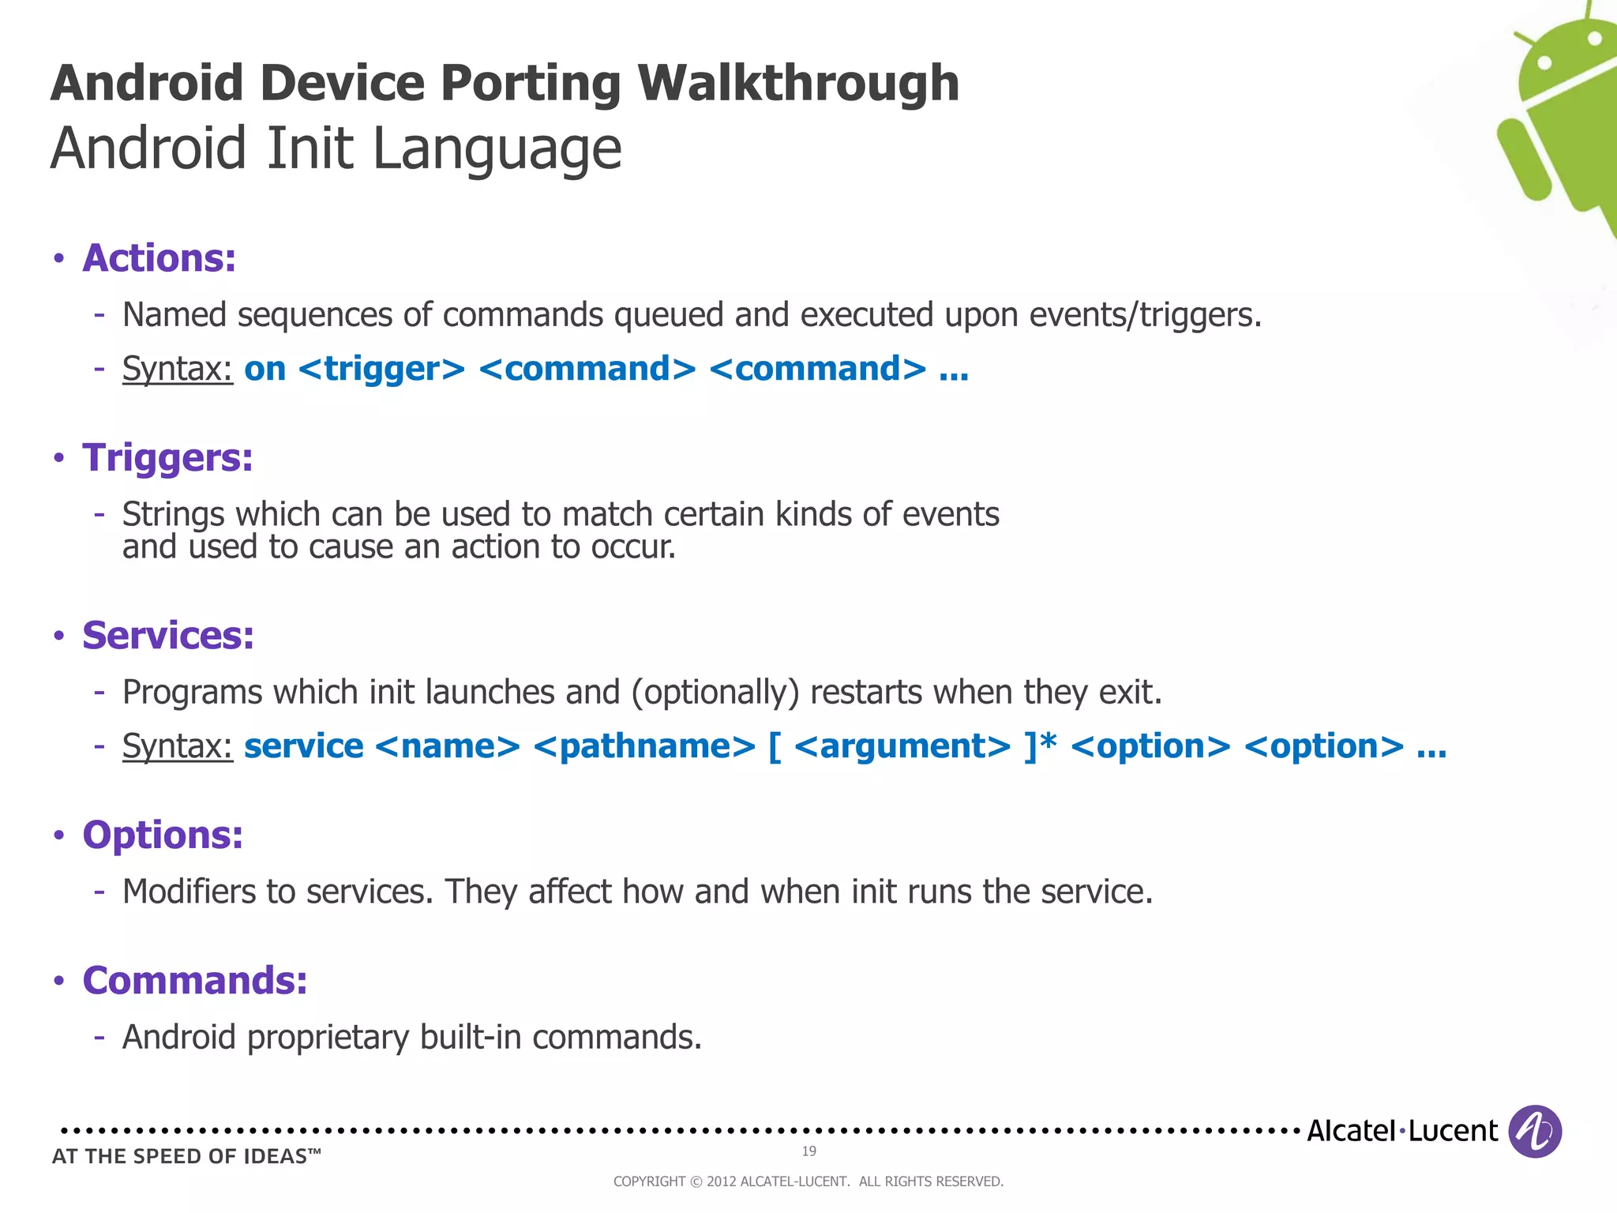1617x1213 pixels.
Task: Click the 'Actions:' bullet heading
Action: point(159,258)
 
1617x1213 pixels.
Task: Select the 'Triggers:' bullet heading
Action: point(167,458)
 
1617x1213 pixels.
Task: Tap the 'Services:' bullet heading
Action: point(168,636)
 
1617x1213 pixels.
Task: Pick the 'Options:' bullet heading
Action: point(163,836)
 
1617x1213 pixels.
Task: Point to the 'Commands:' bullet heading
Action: point(194,981)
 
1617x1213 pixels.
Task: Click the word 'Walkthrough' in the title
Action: point(798,84)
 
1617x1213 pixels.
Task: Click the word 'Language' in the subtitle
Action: point(497,149)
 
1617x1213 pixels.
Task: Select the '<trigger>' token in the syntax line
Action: point(382,370)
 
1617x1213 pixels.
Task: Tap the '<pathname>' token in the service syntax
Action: point(644,747)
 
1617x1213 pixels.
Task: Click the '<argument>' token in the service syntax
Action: point(902,747)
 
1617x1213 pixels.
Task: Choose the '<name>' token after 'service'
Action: point(448,747)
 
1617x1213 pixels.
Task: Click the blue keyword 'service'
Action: point(304,747)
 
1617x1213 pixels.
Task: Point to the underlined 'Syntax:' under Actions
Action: point(178,370)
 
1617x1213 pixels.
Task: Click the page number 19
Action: point(808,1151)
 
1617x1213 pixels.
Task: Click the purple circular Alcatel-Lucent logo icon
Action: point(1534,1132)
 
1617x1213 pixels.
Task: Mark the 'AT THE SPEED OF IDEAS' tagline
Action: point(186,1157)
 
